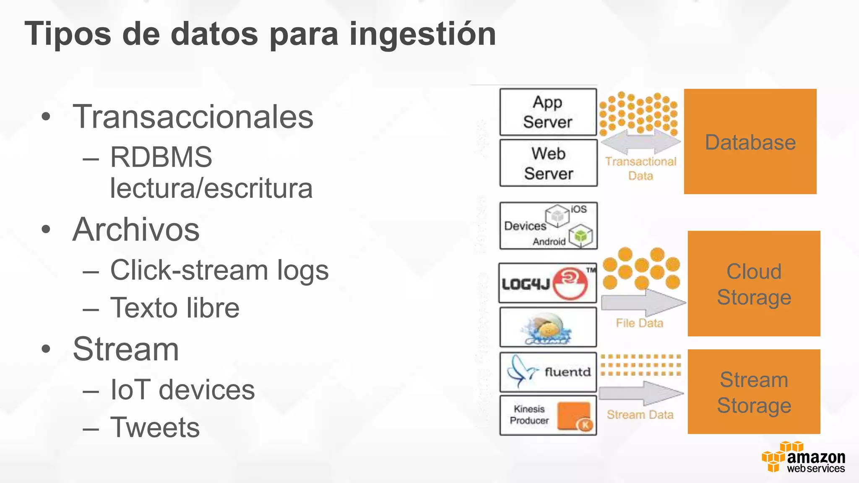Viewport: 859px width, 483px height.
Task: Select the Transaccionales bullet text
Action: pos(193,117)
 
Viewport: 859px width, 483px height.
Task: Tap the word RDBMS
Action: pos(161,157)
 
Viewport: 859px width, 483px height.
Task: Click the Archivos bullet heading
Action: pos(136,229)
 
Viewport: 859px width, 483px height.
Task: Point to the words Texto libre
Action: pos(174,308)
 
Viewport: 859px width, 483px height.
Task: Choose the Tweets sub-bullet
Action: pos(155,427)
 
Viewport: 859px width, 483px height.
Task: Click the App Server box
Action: pos(548,112)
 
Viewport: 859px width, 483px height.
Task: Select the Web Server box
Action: pos(548,163)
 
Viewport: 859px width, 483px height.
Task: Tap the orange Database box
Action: pos(750,141)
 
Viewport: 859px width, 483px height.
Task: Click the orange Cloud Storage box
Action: pos(754,283)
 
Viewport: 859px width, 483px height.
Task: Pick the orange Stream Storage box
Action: pos(754,392)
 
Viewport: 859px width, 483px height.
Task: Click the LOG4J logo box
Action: pos(547,283)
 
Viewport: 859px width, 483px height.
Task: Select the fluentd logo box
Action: pos(548,372)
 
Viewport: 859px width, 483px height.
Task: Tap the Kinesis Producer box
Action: pos(548,415)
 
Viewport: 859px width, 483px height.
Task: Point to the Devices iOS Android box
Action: pos(548,226)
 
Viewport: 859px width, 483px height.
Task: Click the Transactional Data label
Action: pos(640,168)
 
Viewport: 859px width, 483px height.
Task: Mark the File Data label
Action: pos(639,323)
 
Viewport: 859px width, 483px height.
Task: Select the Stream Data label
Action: pos(640,415)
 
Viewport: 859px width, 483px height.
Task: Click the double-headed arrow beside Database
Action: pos(640,143)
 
